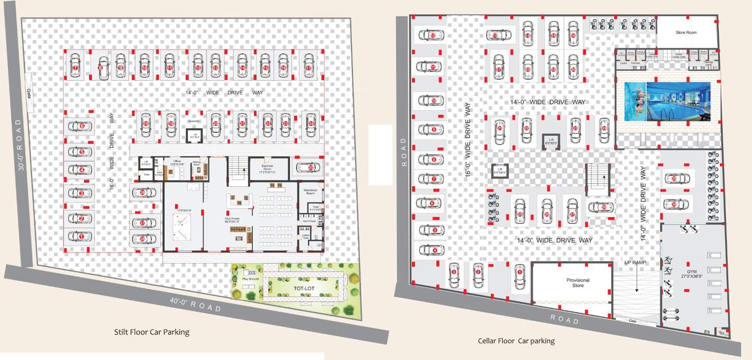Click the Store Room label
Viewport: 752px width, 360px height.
tap(686, 33)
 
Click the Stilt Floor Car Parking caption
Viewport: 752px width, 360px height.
tap(151, 332)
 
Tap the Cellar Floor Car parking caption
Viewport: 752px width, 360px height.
tap(516, 341)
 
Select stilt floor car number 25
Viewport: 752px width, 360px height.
tap(311, 167)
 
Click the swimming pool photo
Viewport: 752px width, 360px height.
tap(668, 102)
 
